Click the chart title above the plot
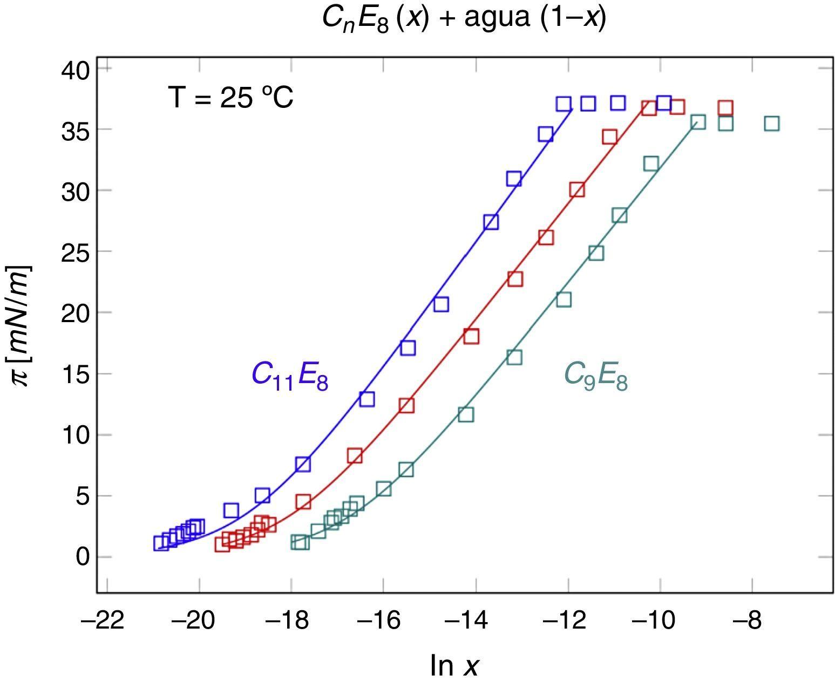pos(464,18)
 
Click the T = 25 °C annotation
pos(231,98)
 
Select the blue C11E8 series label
pos(290,375)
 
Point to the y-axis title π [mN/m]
pos(22,325)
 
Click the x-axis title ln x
pos(454,665)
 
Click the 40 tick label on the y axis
pos(75,70)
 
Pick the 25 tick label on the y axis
pos(75,252)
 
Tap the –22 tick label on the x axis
pos(103,621)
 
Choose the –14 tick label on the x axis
pos(466,621)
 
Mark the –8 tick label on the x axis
pos(747,621)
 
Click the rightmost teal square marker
pos(772,124)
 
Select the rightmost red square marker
pos(725,108)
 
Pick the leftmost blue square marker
pos(161,543)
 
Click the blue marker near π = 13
pos(367,399)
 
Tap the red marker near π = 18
pos(471,337)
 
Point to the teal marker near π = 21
pos(564,299)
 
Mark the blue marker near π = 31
pos(514,179)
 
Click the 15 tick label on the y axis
pos(75,374)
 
